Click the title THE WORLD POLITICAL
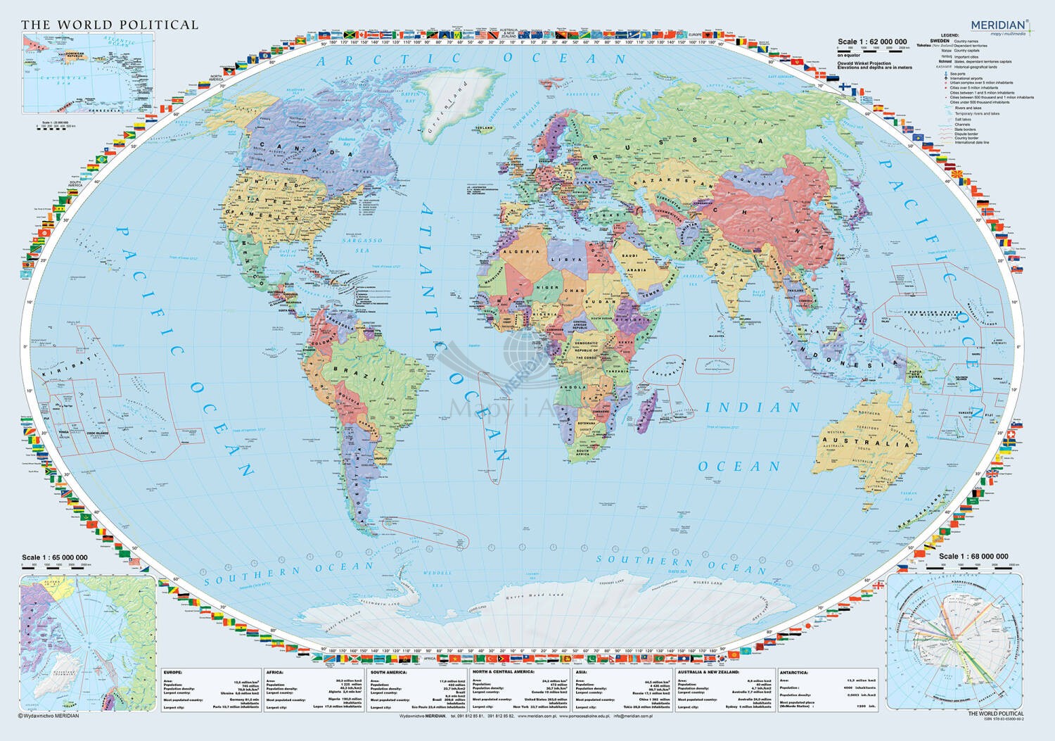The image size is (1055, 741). click(110, 25)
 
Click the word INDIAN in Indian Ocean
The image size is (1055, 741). click(753, 407)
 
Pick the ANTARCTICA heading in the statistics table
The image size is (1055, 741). click(795, 672)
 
